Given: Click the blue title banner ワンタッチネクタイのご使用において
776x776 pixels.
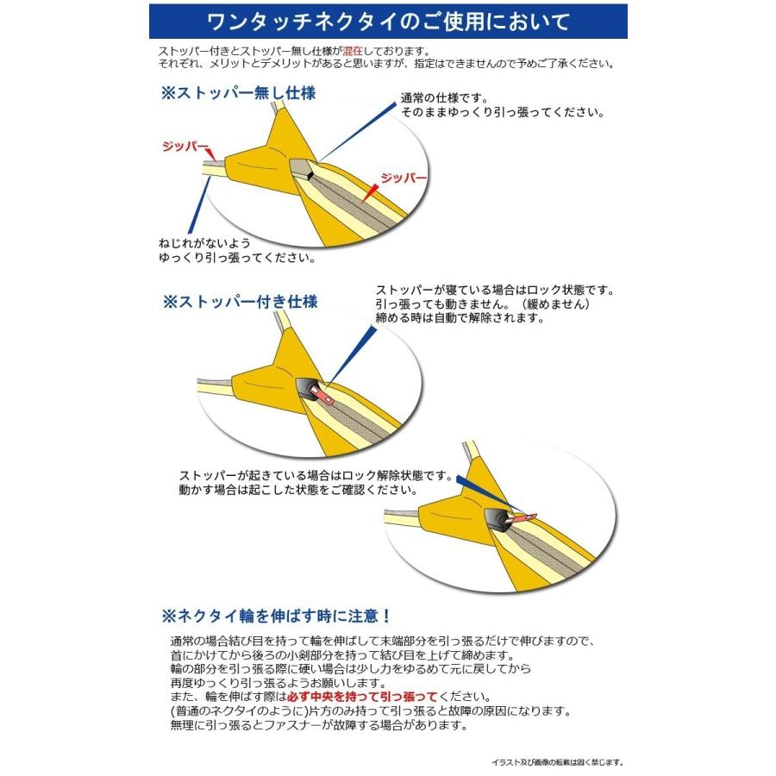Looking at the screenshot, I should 388,21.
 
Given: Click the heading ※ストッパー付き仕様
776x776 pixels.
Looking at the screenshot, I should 241,303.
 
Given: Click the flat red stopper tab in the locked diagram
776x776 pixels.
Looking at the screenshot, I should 321,394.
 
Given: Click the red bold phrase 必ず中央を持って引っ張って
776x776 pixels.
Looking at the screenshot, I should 382,697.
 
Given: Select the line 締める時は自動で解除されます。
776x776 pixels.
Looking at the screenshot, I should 460,318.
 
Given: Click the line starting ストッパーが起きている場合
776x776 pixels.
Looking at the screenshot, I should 316,476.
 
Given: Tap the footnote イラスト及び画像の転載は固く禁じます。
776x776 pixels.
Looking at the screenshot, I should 557,762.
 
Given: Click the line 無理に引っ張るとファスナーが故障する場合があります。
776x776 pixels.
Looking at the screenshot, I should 319,725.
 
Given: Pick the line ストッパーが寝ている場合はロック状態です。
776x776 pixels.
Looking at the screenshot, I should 495,291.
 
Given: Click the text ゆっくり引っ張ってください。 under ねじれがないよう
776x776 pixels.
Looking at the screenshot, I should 236,257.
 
